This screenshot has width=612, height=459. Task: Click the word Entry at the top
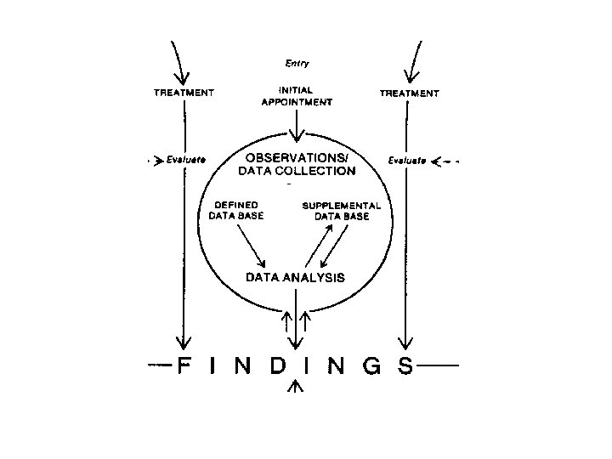[297, 63]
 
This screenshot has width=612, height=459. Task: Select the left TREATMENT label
[184, 93]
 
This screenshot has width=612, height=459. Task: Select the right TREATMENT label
[408, 93]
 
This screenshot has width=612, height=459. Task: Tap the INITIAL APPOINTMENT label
[296, 95]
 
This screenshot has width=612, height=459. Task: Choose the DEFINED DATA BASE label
[236, 210]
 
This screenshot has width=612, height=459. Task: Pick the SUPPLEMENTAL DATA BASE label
[342, 210]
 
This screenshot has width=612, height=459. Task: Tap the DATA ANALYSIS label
[295, 276]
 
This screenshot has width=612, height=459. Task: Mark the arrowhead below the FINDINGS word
[295, 387]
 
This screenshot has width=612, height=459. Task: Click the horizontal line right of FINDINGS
[439, 365]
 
